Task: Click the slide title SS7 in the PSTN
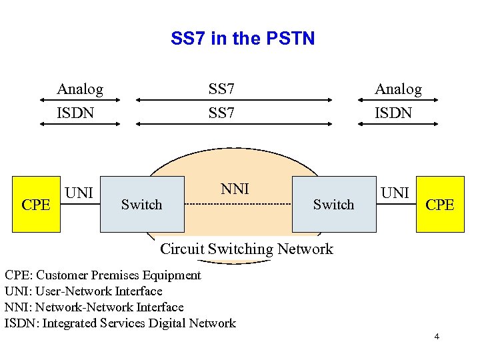click(242, 39)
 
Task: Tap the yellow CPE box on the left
click(36, 204)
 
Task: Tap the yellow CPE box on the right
click(440, 204)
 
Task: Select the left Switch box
click(142, 204)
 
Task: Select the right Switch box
click(334, 204)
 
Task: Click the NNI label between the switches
click(235, 189)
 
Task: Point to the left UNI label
click(79, 193)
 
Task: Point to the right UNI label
click(395, 193)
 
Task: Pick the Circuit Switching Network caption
click(247, 249)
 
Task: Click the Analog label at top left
click(80, 89)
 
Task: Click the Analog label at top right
click(398, 89)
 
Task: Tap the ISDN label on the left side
click(75, 113)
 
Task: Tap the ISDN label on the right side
click(393, 113)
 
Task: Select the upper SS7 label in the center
click(221, 89)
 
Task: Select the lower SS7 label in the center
click(221, 113)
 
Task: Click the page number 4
click(437, 337)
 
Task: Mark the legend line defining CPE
click(103, 275)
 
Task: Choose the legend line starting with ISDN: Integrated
click(120, 323)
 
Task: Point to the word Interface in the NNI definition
click(159, 307)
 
